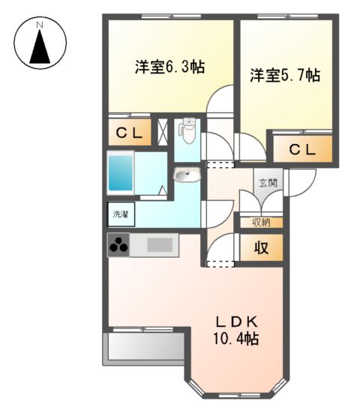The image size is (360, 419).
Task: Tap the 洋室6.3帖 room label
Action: [170, 67]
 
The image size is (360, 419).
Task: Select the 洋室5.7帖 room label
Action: [285, 75]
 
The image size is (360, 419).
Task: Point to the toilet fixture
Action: [187, 133]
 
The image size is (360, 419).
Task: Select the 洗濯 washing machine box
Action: [120, 215]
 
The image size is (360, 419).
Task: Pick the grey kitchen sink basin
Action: [160, 244]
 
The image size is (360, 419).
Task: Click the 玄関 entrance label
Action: [268, 182]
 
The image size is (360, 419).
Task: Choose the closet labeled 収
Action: [261, 248]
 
